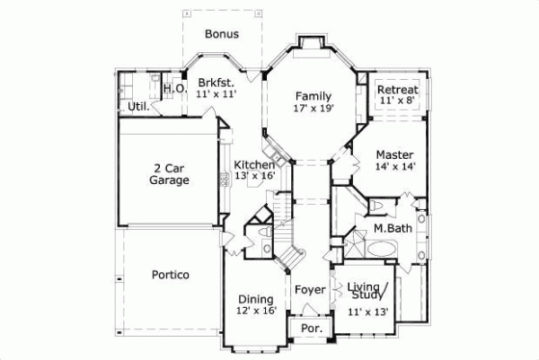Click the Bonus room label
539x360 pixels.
coord(221,35)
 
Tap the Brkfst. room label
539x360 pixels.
coord(216,81)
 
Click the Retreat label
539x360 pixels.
coord(396,91)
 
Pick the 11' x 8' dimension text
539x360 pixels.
coord(396,102)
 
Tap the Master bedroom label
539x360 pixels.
coord(394,154)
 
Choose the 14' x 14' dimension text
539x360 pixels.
coord(394,166)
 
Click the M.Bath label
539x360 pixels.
coord(393,229)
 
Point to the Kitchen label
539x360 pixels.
coord(254,165)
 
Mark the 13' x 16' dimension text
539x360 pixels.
coord(254,177)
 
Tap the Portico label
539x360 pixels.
coord(170,274)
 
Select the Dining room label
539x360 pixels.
coord(255,299)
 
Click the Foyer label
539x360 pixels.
coord(309,290)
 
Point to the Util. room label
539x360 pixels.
coord(137,107)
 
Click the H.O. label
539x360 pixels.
coord(174,89)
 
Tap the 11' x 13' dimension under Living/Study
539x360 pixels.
coord(367,312)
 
